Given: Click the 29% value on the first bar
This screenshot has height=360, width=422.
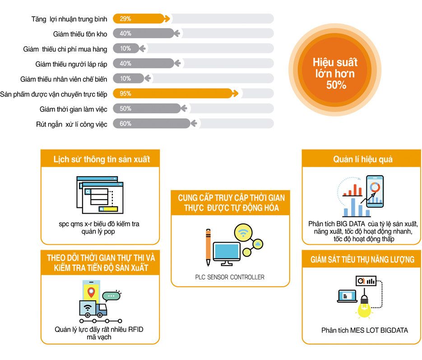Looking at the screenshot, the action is coord(125,19).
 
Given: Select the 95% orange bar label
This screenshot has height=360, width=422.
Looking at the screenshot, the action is coord(125,94).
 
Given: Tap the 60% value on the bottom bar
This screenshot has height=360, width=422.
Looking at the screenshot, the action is coord(125,124).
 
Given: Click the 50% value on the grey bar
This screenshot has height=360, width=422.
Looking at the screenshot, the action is coord(125,109).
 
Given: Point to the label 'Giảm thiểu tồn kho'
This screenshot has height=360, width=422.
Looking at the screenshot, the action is coord(80,34).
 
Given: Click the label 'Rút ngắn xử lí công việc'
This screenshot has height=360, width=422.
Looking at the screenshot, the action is coord(72,124).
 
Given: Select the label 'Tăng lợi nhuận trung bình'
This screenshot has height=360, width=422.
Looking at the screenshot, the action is coord(69,19).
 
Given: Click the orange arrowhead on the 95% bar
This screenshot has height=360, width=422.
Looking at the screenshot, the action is coord(236,94).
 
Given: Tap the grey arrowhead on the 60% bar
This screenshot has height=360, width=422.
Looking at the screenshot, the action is coord(194,124).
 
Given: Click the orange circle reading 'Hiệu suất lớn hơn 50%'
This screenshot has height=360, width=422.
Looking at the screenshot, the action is coord(335,70).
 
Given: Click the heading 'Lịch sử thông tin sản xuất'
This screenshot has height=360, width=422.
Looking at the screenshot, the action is coord(102,159).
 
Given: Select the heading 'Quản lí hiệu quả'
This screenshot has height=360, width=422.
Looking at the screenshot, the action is coord(363,159).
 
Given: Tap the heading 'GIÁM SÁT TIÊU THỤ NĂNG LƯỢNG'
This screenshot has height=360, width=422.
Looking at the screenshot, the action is coord(362,260).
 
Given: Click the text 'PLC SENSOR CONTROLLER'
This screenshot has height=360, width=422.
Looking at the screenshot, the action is coord(230,277).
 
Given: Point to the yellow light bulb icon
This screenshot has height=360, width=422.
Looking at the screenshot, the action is coord(364,307).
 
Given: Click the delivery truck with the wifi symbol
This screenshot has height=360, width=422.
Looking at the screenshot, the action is coord(93,309).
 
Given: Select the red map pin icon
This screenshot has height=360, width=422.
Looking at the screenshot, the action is coord(91,292).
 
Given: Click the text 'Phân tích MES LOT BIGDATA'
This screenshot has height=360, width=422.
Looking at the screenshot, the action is coord(365,330).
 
